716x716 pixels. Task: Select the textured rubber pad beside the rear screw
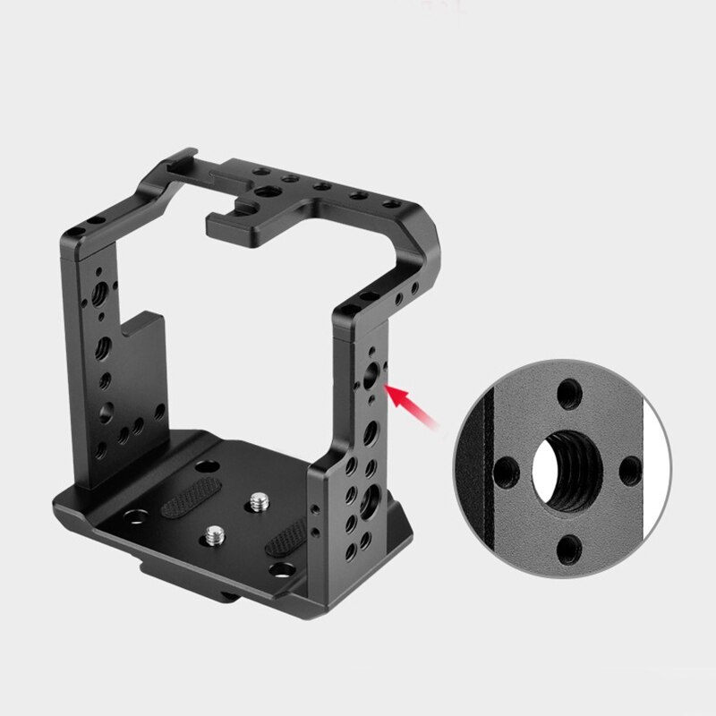point(192,498)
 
